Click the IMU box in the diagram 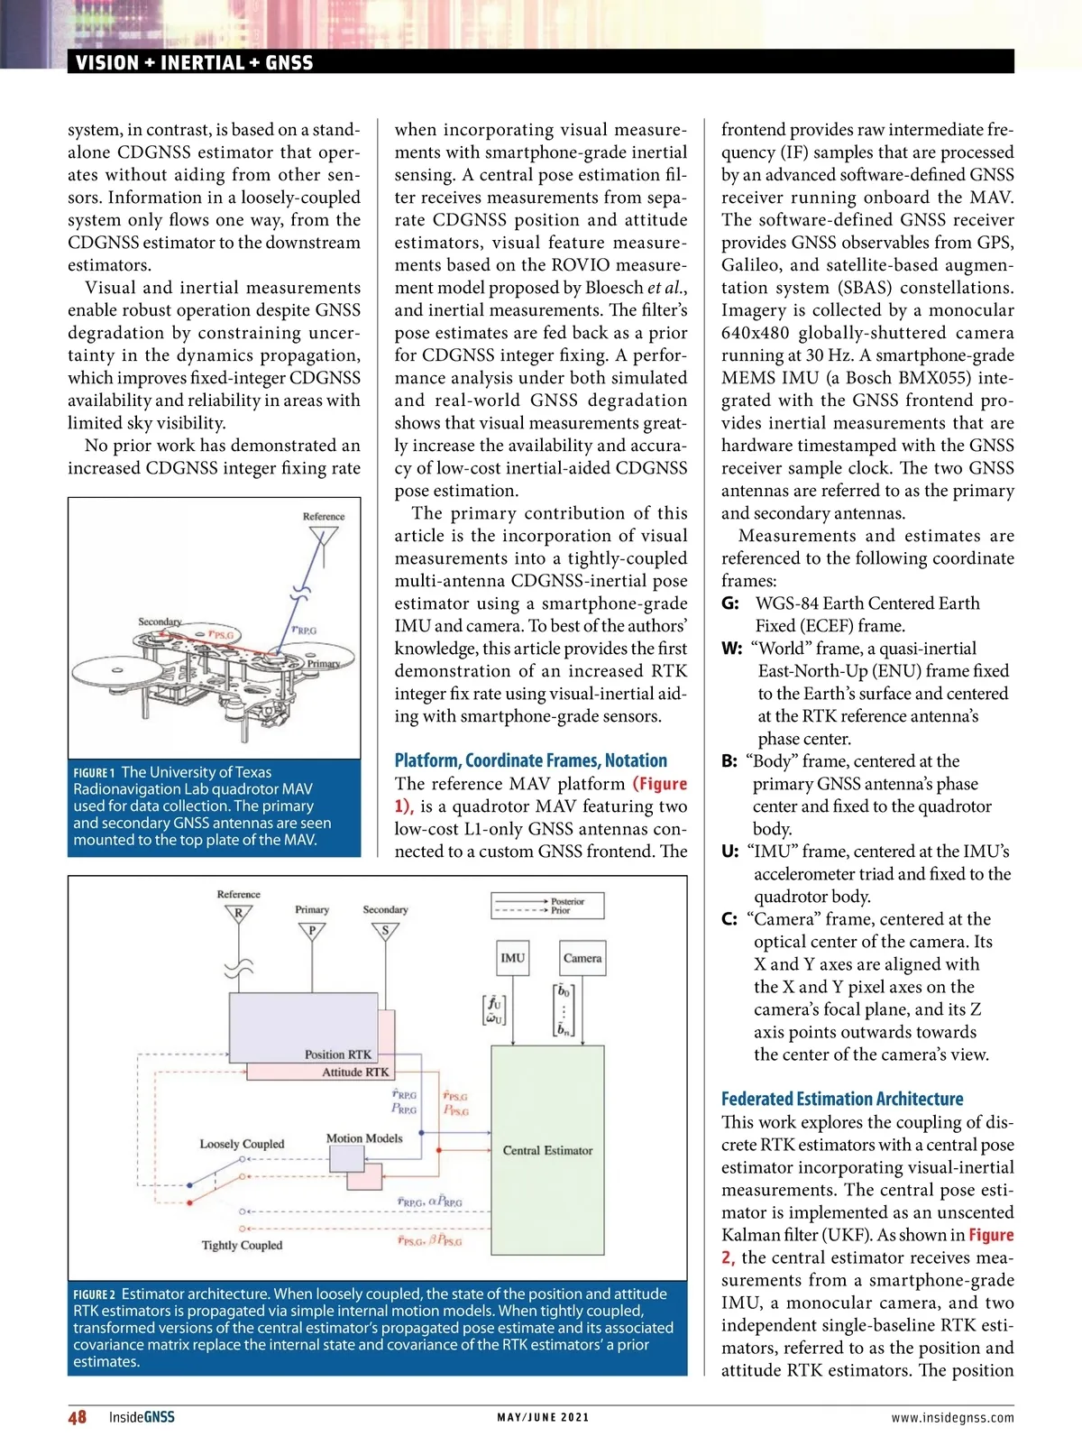point(512,958)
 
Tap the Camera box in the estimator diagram point(582,958)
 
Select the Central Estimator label point(547,1150)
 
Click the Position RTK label point(337,1054)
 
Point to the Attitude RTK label point(355,1072)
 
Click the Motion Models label point(364,1138)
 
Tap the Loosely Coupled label point(242,1144)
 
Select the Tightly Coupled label point(242,1245)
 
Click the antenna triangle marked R point(239,914)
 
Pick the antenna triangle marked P point(312,931)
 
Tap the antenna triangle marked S point(385,931)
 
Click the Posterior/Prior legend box point(547,906)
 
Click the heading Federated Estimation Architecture point(842,1099)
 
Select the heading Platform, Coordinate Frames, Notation point(531,760)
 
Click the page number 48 point(78,1417)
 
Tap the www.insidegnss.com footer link point(952,1418)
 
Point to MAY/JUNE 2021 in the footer point(543,1418)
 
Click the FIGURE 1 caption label point(94,773)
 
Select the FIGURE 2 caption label point(94,1295)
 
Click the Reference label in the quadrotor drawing point(324,517)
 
